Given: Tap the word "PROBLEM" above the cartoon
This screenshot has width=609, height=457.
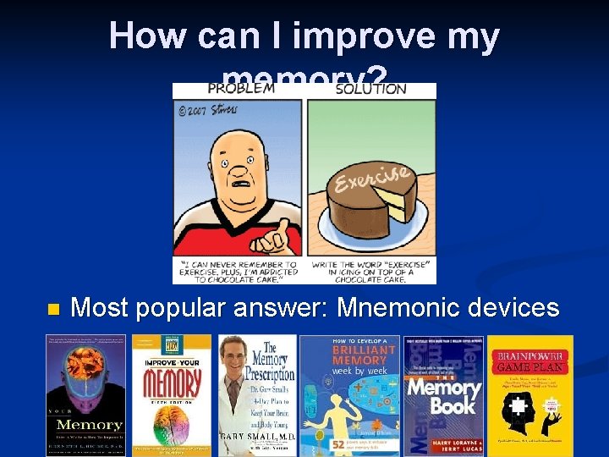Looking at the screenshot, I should (241, 88).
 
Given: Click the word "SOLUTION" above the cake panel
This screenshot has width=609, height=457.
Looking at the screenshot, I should (370, 88).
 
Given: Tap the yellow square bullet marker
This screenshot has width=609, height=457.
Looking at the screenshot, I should (52, 310).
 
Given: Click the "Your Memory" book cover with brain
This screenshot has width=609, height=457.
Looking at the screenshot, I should (87, 394).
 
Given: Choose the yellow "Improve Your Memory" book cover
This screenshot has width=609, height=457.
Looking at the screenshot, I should (172, 394).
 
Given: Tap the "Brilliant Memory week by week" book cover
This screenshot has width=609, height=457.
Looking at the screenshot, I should (351, 394).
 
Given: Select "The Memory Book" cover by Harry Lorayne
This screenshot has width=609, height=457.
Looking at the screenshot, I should (443, 394).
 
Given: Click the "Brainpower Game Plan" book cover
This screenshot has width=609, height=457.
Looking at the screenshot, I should (530, 394).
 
